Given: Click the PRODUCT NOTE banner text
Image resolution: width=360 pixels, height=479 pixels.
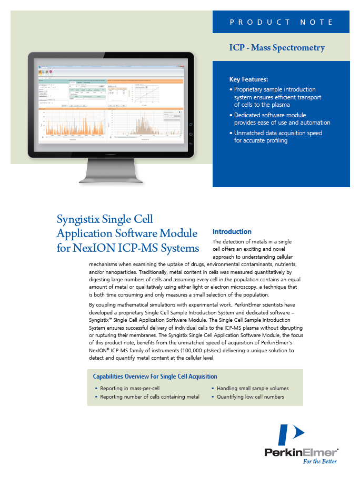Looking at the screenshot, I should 281,22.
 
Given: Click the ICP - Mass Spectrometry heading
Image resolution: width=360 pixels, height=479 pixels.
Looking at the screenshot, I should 277,48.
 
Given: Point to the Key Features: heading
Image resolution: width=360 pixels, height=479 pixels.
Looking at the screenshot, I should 248,79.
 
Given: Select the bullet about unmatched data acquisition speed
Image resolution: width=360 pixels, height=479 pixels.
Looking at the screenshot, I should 278,137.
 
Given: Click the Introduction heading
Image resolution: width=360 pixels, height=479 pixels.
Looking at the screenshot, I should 232,232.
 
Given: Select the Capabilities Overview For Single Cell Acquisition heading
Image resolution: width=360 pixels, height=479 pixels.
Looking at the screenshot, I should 155,376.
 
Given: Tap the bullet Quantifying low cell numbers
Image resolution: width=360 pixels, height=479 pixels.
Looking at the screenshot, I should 250,397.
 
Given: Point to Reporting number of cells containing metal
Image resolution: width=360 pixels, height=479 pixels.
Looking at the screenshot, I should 149,397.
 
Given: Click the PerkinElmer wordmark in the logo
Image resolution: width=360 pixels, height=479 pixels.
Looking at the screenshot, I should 301,452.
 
